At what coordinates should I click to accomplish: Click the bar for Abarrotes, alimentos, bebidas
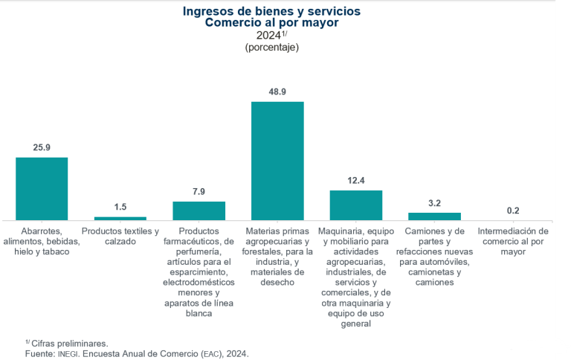[x=42, y=189]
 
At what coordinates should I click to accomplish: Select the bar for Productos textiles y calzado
[x=120, y=218]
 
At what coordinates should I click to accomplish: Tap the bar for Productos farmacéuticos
[x=199, y=210]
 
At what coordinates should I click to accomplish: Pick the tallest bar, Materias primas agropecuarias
[x=277, y=161]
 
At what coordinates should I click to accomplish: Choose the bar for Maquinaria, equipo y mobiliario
[x=356, y=205]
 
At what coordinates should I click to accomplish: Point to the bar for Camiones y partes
[x=434, y=216]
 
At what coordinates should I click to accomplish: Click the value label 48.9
[x=277, y=91]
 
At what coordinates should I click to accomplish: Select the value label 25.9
[x=42, y=147]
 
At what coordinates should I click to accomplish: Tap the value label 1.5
[x=120, y=207]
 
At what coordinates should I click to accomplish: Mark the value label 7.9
[x=199, y=191]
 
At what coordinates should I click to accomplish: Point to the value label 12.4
[x=356, y=180]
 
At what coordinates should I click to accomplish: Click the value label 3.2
[x=434, y=202]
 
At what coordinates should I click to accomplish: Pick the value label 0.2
[x=513, y=210]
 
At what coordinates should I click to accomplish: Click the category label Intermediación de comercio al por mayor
[x=513, y=242]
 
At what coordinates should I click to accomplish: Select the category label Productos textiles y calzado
[x=120, y=237]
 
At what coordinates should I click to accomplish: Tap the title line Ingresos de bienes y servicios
[x=271, y=11]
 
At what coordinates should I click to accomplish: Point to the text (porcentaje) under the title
[x=271, y=48]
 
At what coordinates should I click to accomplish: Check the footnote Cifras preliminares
[x=69, y=343]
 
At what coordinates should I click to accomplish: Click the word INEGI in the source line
[x=68, y=354]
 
